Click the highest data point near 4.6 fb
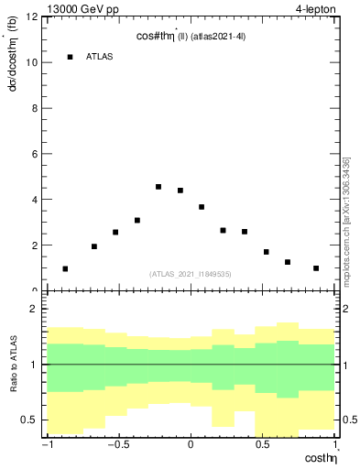158,187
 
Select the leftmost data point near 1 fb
65,269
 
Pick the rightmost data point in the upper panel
316,268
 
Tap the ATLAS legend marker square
70,57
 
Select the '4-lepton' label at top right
316,8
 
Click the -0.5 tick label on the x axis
118,446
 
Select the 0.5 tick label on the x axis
262,446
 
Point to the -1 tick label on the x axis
48,446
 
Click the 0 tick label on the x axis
191,446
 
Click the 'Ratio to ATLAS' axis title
12,364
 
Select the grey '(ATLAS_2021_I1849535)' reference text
191,274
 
